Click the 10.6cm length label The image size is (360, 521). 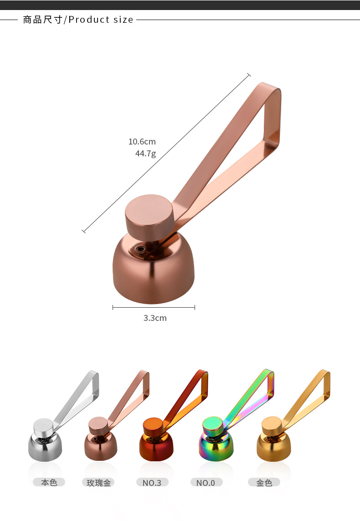(142, 142)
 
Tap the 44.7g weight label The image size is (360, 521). (145, 154)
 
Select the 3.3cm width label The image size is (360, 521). (155, 318)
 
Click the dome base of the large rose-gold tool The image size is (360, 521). (153, 269)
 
